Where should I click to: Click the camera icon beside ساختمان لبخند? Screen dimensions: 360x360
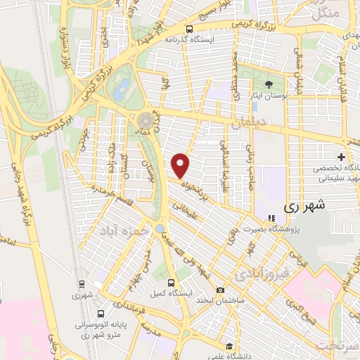click(x=221, y=290)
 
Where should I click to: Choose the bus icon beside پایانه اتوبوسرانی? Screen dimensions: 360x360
click(x=101, y=314)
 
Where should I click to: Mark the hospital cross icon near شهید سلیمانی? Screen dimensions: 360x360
click(x=341, y=156)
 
